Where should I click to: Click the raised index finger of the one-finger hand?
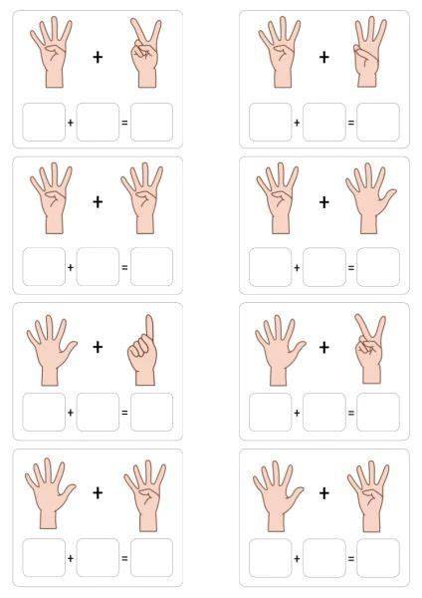click(149, 326)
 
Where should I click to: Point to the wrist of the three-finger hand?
click(367, 79)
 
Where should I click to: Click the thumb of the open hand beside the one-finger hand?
click(69, 349)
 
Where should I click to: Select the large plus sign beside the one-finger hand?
click(98, 347)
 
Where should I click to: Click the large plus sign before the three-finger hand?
click(324, 57)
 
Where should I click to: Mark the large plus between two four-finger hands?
click(98, 201)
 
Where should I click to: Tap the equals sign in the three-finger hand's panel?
click(351, 123)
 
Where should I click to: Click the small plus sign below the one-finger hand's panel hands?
click(71, 413)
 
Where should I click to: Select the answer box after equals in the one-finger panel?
click(151, 413)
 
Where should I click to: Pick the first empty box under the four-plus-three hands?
click(271, 122)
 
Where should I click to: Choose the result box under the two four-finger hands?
click(151, 267)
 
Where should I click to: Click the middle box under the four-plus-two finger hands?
click(98, 122)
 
